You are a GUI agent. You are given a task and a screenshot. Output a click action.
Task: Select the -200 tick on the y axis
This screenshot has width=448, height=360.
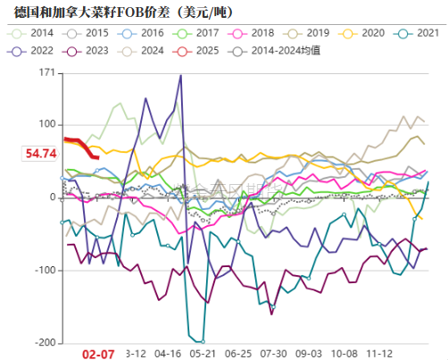pyautogui.click(x=44, y=343)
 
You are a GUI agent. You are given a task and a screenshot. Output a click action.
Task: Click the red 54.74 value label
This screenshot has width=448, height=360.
pyautogui.click(x=41, y=154)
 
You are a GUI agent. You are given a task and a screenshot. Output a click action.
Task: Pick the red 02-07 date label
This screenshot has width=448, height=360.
pyautogui.click(x=97, y=354)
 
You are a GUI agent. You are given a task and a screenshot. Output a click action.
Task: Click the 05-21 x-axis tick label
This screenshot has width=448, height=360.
pyautogui.click(x=203, y=354)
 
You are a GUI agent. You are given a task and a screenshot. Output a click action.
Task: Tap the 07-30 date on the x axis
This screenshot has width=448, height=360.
pyautogui.click(x=273, y=354)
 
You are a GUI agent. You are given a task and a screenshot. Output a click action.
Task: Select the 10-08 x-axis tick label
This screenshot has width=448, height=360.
pyautogui.click(x=344, y=354)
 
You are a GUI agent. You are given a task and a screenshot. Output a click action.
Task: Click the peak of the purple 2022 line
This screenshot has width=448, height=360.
pyautogui.click(x=181, y=75)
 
